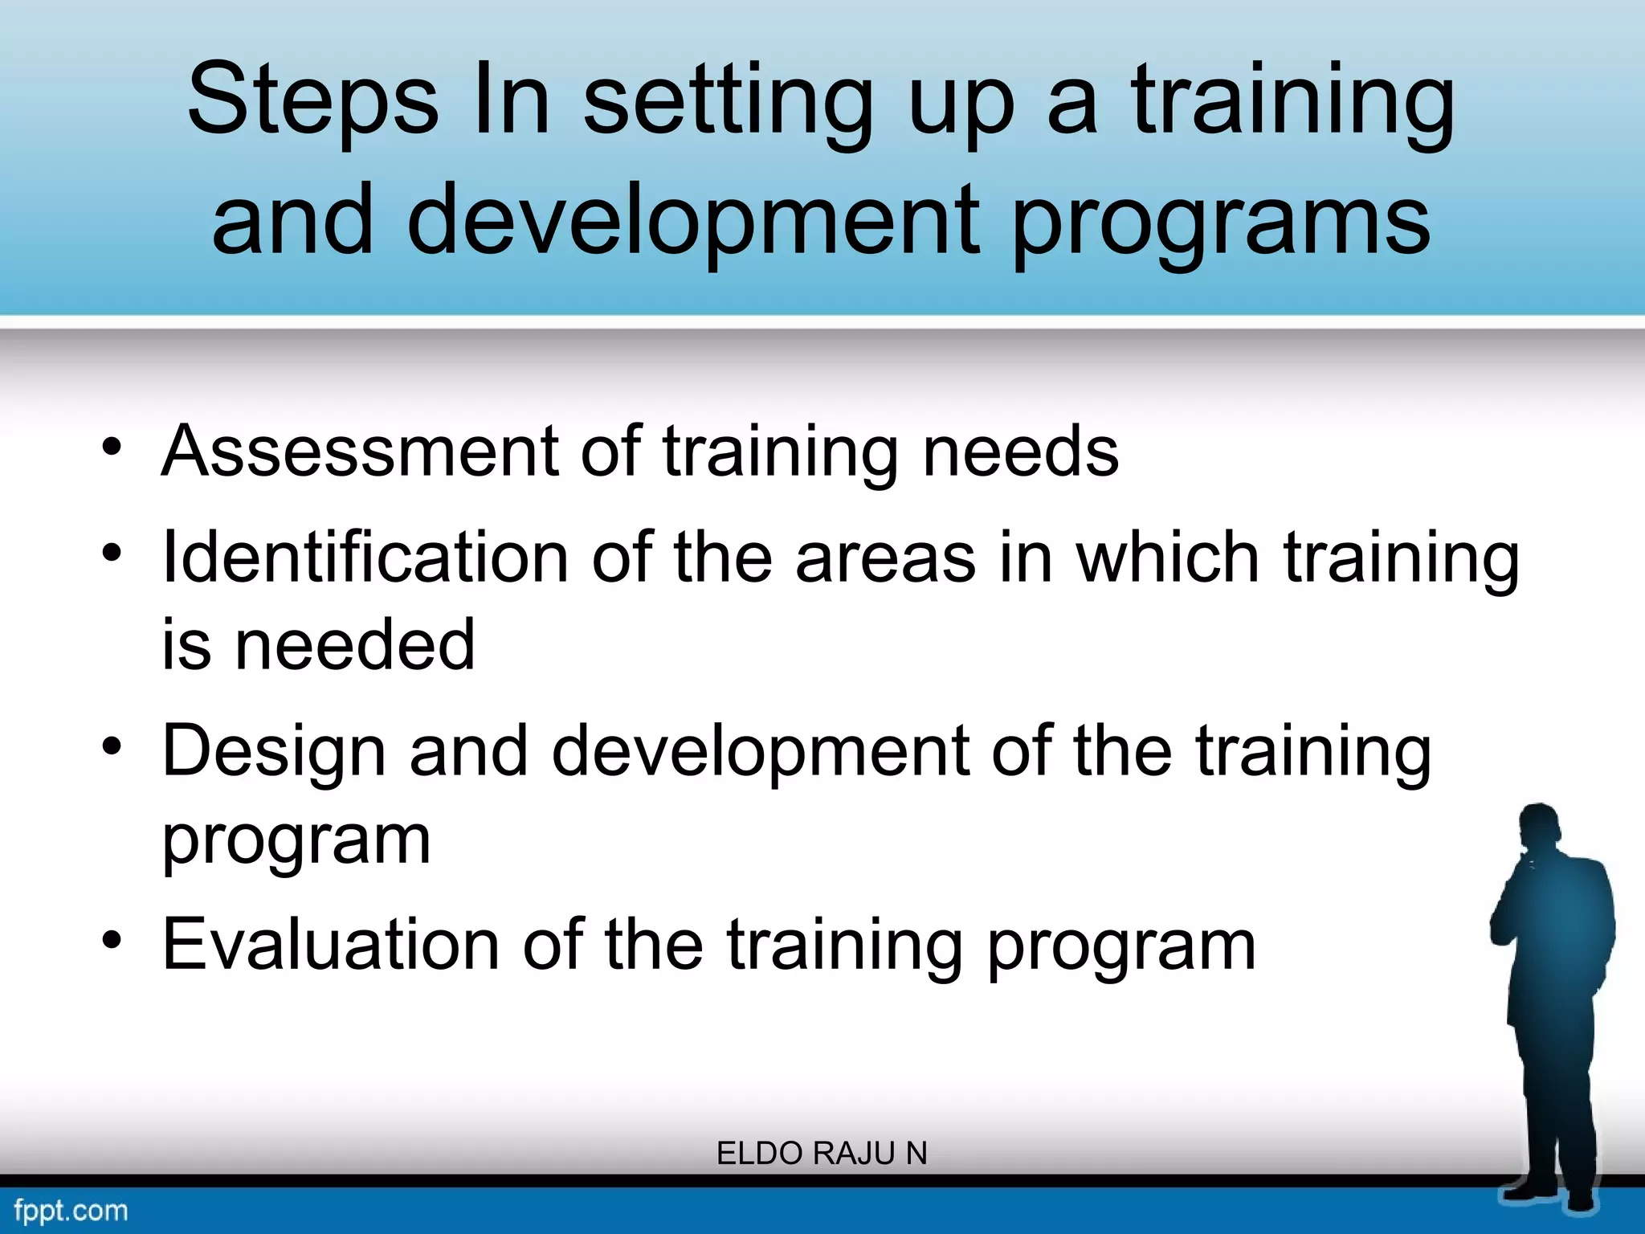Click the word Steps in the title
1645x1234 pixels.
[312, 100]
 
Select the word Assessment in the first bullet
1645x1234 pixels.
[359, 452]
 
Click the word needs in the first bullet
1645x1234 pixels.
[1020, 452]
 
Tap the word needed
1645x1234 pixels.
[354, 645]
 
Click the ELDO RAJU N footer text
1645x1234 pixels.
[822, 1154]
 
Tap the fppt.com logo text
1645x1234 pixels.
[71, 1210]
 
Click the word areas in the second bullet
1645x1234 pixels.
[885, 558]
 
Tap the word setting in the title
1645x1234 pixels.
[728, 100]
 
